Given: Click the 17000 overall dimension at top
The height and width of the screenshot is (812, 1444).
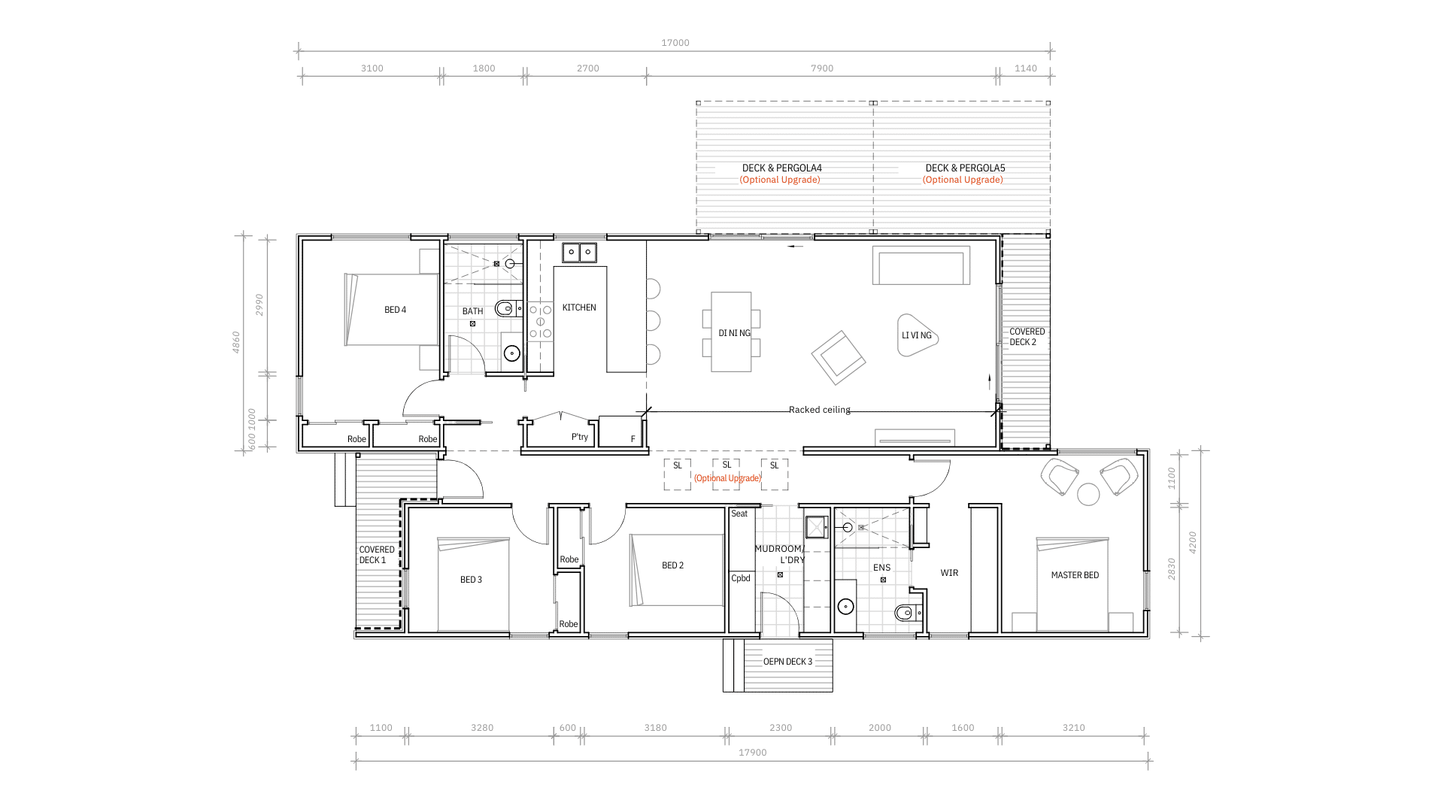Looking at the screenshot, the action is [675, 43].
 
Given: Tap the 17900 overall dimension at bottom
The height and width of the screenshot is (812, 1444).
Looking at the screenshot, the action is [752, 753].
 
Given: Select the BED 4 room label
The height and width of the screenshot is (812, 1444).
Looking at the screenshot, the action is [395, 310].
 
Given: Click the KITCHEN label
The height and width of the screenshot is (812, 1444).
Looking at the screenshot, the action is [579, 308].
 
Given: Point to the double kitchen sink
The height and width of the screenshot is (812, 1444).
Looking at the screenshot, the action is [579, 252].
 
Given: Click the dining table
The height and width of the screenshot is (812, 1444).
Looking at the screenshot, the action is [731, 332].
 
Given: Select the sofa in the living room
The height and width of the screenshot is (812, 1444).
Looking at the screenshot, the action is [921, 265].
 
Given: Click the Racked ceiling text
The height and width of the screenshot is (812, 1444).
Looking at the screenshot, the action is [820, 410].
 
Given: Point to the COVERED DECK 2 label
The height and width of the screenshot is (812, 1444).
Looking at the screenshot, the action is [1027, 337].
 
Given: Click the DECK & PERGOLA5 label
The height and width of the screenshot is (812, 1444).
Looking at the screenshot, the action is [965, 168].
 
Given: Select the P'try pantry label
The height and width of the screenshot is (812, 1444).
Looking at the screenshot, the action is [579, 437].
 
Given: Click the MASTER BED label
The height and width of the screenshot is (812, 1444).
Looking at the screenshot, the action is [1075, 575].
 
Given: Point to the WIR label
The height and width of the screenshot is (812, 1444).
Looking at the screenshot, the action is [949, 573].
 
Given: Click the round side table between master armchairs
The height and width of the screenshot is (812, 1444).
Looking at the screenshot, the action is [1088, 494].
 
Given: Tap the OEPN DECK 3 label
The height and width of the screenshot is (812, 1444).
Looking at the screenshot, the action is [787, 662].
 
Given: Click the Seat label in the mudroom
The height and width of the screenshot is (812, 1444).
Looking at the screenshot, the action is [739, 514].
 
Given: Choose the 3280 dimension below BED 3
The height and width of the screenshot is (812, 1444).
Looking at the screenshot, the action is [482, 728].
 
